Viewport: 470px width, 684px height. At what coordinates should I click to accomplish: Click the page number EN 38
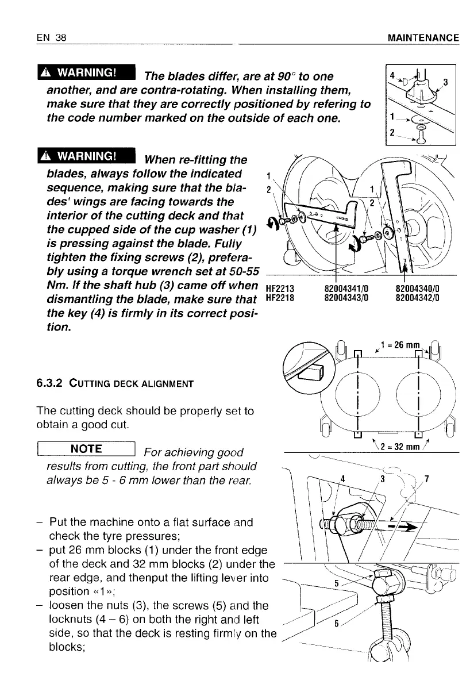click(52, 39)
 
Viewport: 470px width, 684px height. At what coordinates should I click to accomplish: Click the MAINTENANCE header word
click(423, 39)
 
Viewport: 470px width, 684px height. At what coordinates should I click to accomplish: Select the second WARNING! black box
click(85, 156)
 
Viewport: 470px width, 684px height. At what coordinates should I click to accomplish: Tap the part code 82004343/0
click(346, 298)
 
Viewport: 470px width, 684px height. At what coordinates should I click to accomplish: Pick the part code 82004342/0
click(418, 298)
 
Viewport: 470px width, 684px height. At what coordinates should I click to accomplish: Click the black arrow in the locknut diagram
click(405, 526)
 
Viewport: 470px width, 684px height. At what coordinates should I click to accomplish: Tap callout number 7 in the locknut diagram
click(426, 479)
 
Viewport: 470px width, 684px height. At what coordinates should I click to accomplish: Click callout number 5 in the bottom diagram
click(338, 583)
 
